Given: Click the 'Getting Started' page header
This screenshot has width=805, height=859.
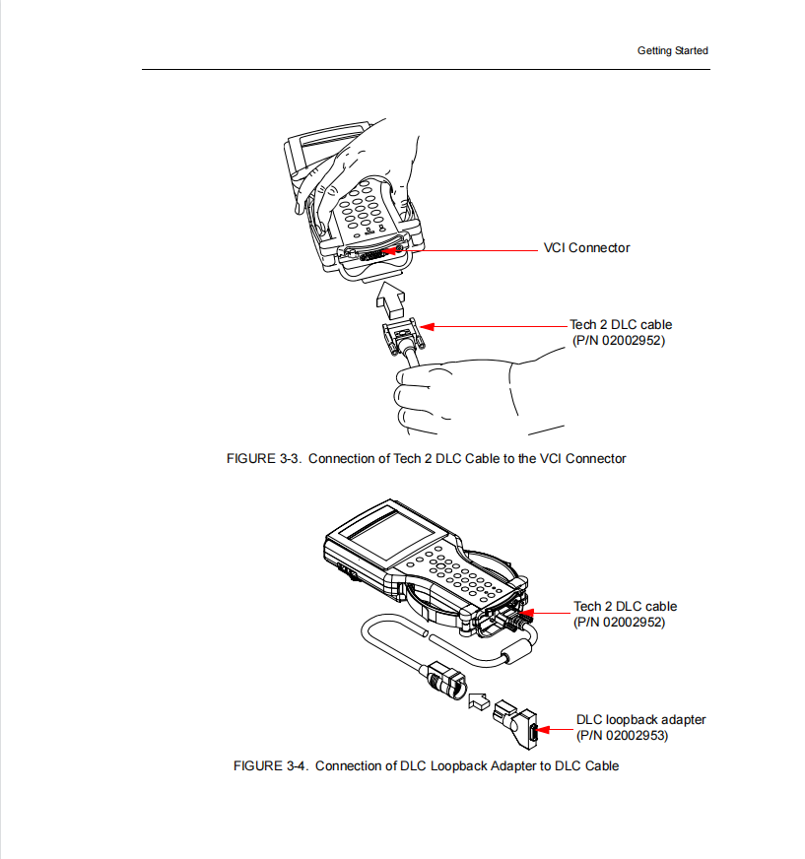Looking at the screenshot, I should [672, 50].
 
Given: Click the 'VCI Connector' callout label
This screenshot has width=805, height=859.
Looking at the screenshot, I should [586, 248].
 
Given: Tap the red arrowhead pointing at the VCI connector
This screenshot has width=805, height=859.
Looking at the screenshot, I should [391, 250].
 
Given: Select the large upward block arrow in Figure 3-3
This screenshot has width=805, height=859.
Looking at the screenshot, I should [392, 296].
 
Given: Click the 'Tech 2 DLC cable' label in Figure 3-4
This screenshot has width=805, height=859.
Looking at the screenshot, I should [625, 607].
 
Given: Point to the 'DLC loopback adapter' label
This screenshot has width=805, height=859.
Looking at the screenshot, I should [640, 720].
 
